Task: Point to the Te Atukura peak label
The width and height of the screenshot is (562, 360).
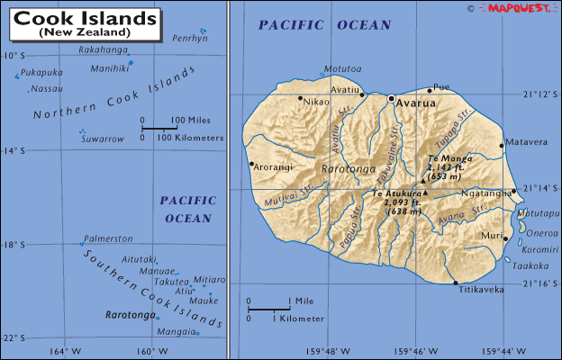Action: pyautogui.click(x=397, y=193)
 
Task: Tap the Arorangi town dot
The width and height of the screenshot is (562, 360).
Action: pyautogui.click(x=251, y=164)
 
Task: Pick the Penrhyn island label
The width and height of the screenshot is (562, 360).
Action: pyautogui.click(x=189, y=39)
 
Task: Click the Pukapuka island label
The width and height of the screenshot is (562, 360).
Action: pyautogui.click(x=42, y=71)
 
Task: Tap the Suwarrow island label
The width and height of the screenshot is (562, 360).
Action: pyautogui.click(x=102, y=139)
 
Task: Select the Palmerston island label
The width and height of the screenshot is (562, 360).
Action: pyautogui.click(x=108, y=238)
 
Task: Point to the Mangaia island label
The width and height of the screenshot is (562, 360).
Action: pyautogui.click(x=175, y=331)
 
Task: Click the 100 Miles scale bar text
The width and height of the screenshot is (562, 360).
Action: pyautogui.click(x=191, y=120)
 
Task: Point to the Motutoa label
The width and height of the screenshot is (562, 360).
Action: pyautogui.click(x=342, y=67)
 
